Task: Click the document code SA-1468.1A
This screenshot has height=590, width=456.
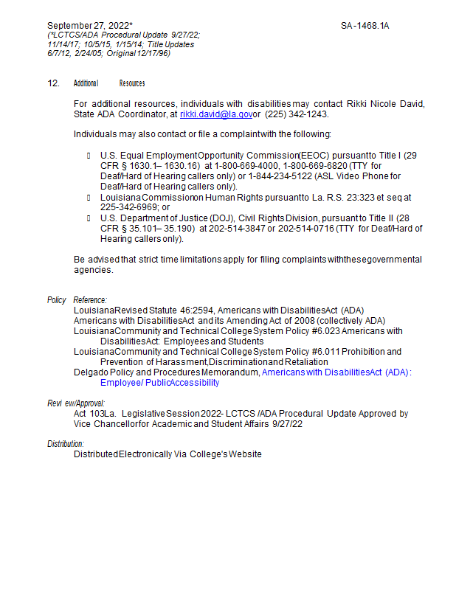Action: pyautogui.click(x=365, y=26)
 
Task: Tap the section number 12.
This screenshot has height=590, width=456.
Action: pyautogui.click(x=53, y=83)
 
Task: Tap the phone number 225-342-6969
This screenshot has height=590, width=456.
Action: pyautogui.click(x=129, y=208)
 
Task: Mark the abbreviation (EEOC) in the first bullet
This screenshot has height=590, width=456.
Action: pyautogui.click(x=319, y=156)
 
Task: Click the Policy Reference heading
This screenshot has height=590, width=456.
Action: pyautogui.click(x=77, y=300)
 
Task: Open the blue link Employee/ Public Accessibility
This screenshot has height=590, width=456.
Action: pyautogui.click(x=159, y=383)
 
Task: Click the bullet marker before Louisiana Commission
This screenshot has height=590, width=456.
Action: pyautogui.click(x=89, y=198)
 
